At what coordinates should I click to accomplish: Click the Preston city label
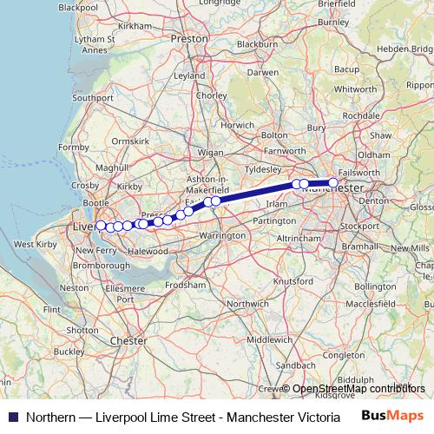(x=190, y=39)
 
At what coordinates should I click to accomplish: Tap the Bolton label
(x=274, y=135)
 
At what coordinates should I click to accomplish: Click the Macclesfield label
(x=369, y=304)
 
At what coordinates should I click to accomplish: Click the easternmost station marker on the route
(x=333, y=183)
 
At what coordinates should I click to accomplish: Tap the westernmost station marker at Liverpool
(x=101, y=226)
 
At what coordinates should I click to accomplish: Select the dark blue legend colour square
(x=12, y=416)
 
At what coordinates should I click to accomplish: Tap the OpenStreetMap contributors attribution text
(x=359, y=389)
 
